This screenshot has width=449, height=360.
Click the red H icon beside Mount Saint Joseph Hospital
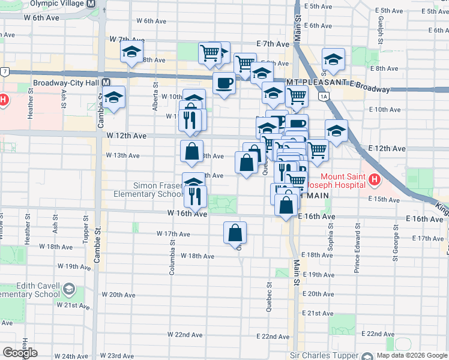click(x=375, y=179)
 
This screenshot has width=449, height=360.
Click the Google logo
click(x=20, y=353)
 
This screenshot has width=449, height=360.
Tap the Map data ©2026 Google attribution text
click(x=411, y=355)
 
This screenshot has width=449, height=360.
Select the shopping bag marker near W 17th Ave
click(x=235, y=232)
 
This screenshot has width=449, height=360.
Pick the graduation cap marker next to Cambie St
click(x=113, y=97)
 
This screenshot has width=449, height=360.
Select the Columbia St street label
click(x=172, y=257)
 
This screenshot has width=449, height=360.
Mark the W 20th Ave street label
click(x=119, y=295)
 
